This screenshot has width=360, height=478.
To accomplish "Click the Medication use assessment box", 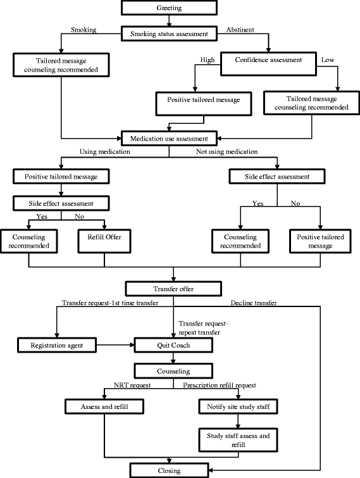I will click(169, 137).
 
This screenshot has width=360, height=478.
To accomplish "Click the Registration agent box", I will click(58, 346).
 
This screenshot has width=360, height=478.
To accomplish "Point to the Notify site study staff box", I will click(236, 405).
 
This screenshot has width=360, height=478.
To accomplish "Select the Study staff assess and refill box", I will click(236, 441).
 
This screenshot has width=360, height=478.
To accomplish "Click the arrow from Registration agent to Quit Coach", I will click(115, 346).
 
